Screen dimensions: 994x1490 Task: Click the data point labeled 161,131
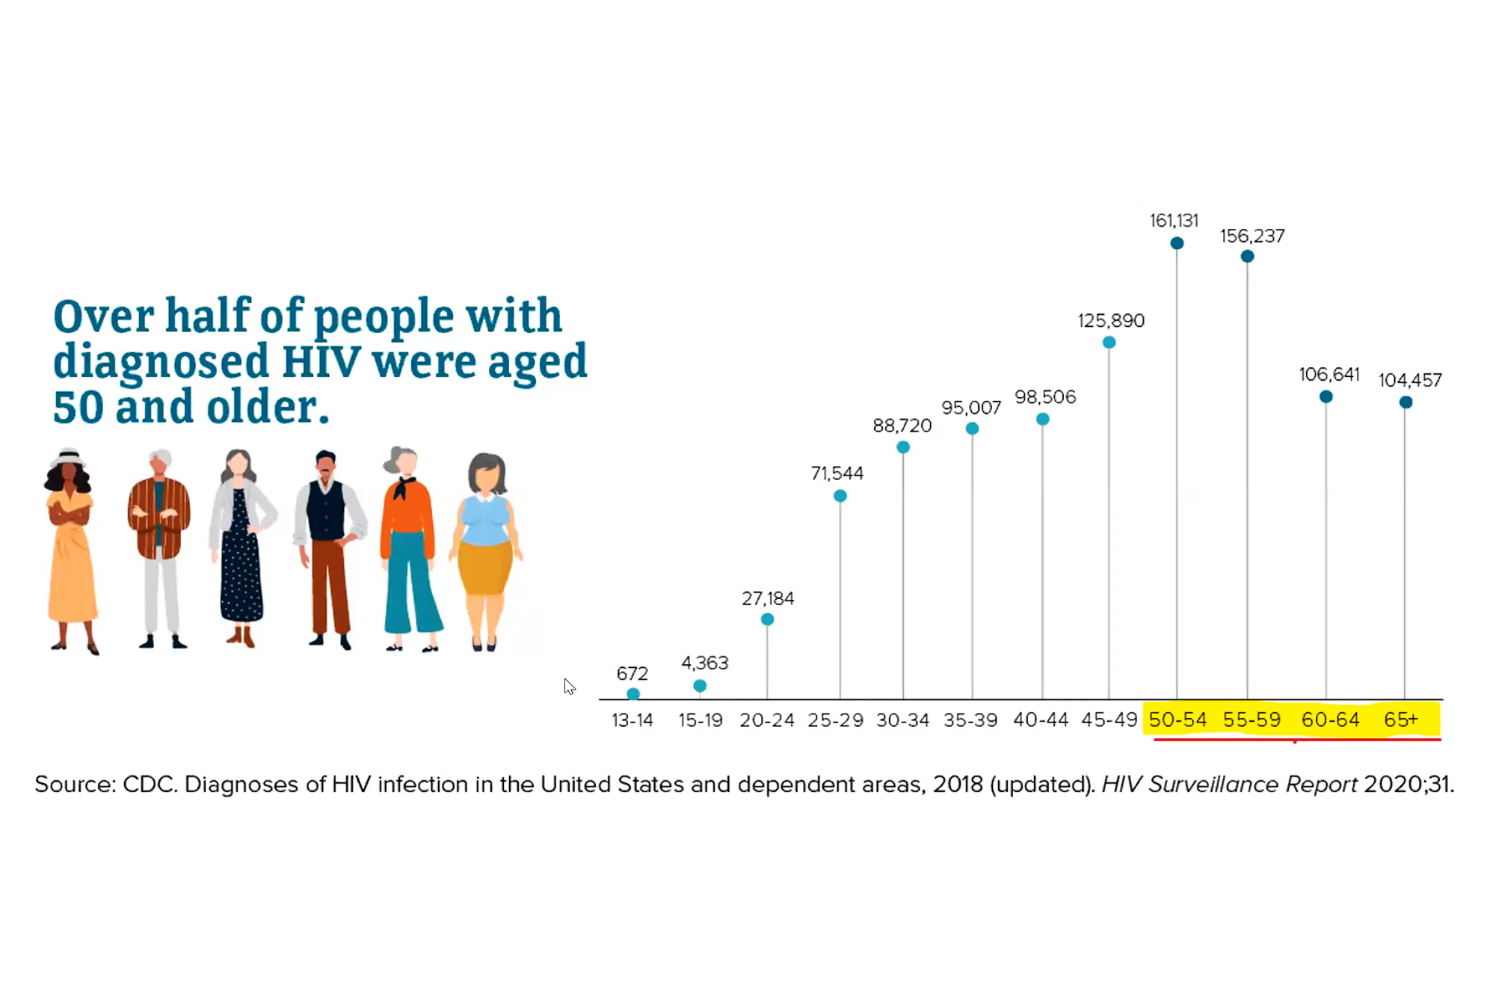point(1176,243)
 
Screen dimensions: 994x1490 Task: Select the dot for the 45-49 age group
point(1109,343)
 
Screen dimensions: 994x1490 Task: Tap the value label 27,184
point(767,598)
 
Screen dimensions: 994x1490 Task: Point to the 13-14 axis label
point(632,720)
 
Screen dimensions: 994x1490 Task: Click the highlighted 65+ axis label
point(1400,720)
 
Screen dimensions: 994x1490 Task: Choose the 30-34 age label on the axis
point(902,720)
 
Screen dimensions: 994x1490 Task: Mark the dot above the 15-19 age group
point(700,685)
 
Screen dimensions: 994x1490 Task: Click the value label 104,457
point(1409,380)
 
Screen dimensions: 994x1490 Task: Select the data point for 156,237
point(1247,257)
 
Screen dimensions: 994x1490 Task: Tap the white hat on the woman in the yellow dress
point(69,456)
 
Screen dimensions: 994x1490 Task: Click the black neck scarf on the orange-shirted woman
point(404,487)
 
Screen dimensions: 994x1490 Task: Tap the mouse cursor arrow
point(569,686)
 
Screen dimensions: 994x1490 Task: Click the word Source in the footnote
point(74,784)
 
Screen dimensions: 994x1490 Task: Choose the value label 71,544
point(837,473)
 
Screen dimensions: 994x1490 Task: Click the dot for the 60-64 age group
point(1326,396)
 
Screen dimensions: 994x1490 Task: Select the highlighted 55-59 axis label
point(1252,720)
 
